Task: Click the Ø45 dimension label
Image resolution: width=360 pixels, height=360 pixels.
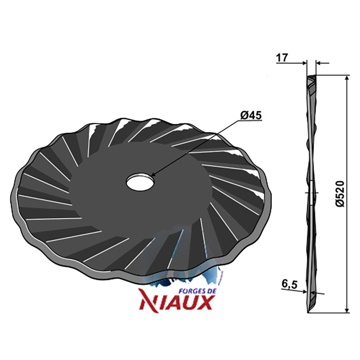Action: (251, 116)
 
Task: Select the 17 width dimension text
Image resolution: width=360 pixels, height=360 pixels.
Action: (282, 58)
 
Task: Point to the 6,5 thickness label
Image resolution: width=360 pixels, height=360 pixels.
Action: (289, 284)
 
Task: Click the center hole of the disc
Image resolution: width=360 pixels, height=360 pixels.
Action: (140, 182)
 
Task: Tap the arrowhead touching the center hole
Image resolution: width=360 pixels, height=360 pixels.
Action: (153, 175)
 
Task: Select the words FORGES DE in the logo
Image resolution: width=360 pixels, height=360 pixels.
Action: (197, 291)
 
